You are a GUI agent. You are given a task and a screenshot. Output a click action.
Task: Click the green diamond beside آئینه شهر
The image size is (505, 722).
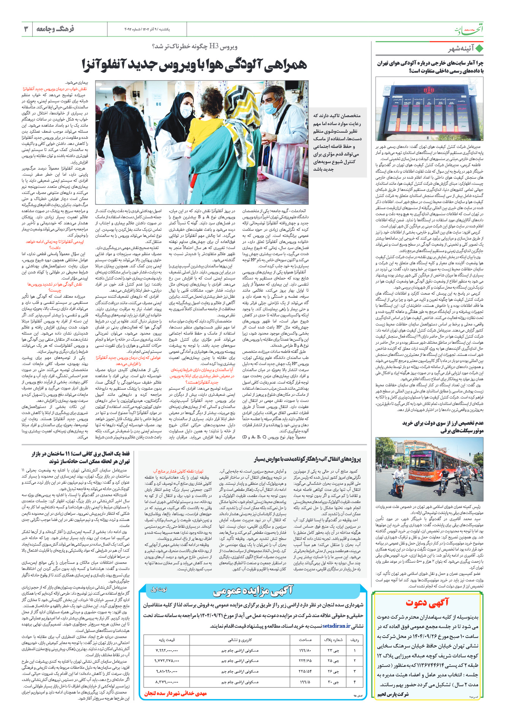click(x=479, y=49)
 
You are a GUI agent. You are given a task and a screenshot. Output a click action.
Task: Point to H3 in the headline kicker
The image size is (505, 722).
click(x=214, y=47)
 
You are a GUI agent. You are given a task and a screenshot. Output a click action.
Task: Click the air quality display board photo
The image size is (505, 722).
click(x=429, y=109)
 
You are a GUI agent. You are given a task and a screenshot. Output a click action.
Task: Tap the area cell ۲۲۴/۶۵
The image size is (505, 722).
click(x=305, y=661)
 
